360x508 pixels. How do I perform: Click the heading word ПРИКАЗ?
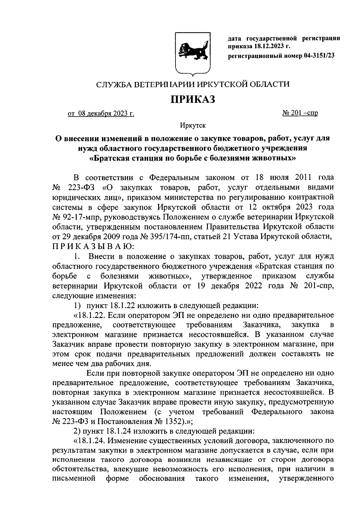(193, 99)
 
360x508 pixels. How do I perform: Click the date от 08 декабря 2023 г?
(101, 114)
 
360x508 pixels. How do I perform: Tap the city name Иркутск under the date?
(193, 126)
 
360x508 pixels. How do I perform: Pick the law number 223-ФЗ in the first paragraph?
(82, 187)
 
